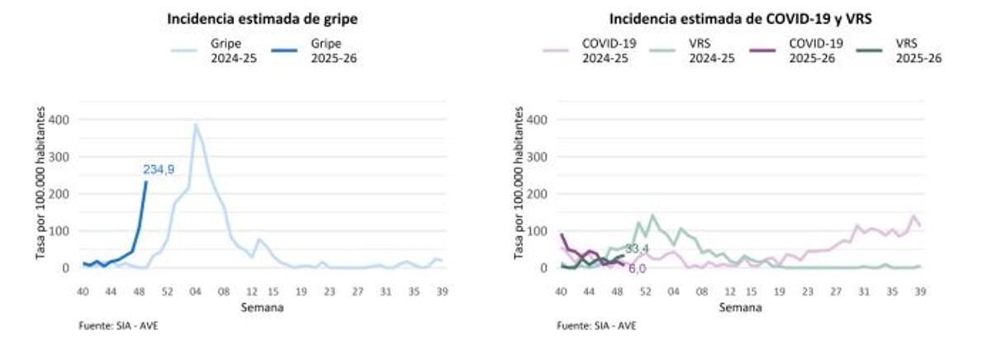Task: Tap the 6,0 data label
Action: click(637, 268)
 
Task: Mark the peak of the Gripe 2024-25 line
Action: click(196, 125)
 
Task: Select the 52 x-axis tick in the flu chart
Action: click(167, 291)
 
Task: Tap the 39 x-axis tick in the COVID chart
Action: click(920, 291)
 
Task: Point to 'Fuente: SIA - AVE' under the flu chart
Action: click(119, 325)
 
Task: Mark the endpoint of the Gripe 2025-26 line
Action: click(146, 182)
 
